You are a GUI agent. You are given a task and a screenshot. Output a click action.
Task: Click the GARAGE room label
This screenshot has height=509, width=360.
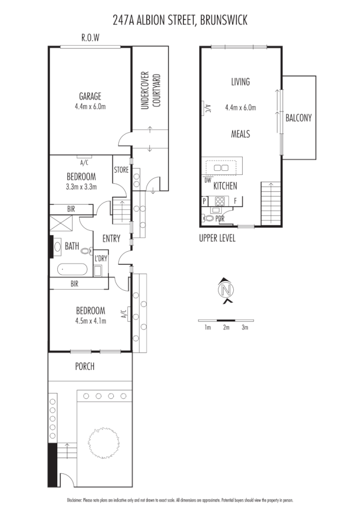pos(91,96)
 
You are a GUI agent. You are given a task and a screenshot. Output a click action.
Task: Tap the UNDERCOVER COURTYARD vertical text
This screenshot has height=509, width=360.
pos(150,90)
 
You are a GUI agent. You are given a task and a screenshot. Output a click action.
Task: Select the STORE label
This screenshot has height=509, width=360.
pos(121,169)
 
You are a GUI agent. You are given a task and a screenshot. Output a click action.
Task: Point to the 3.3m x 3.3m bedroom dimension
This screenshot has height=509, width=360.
pos(82,187)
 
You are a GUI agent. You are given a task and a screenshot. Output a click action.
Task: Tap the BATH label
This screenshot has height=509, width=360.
pos(72,246)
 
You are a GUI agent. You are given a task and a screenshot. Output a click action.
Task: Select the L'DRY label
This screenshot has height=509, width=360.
pos(101,258)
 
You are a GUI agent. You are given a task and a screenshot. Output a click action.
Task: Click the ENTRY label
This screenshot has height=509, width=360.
pos(111,238)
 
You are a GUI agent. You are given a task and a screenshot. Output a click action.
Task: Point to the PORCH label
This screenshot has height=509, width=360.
pos(85,366)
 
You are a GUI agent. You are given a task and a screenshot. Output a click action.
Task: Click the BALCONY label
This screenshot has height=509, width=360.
pos(298,118)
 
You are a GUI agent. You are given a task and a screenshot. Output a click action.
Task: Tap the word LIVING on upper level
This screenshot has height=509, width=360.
pos(240,82)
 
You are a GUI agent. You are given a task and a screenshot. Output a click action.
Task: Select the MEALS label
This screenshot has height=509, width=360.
pos(240,134)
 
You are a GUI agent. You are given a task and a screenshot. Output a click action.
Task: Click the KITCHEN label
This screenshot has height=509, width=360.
pos(225,186)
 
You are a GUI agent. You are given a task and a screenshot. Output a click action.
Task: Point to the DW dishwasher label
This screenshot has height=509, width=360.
pos(207,181)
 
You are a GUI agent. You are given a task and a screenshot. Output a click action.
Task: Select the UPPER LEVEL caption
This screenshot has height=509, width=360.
pos(217,238)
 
